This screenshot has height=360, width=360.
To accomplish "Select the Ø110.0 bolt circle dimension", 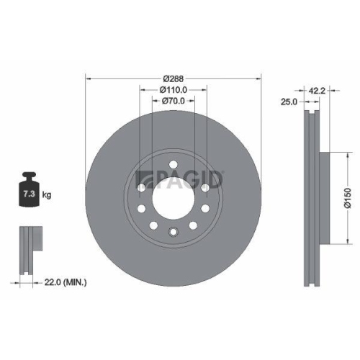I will coord(173,89).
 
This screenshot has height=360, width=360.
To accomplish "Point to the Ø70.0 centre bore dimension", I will coord(173,101).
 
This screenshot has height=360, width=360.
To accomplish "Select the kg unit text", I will coord(46,195).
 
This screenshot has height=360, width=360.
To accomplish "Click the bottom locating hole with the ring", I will coord(173,232).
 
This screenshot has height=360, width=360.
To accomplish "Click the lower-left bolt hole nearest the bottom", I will coord(153,225).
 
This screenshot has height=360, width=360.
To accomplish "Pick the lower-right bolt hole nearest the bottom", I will coord(192,225).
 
